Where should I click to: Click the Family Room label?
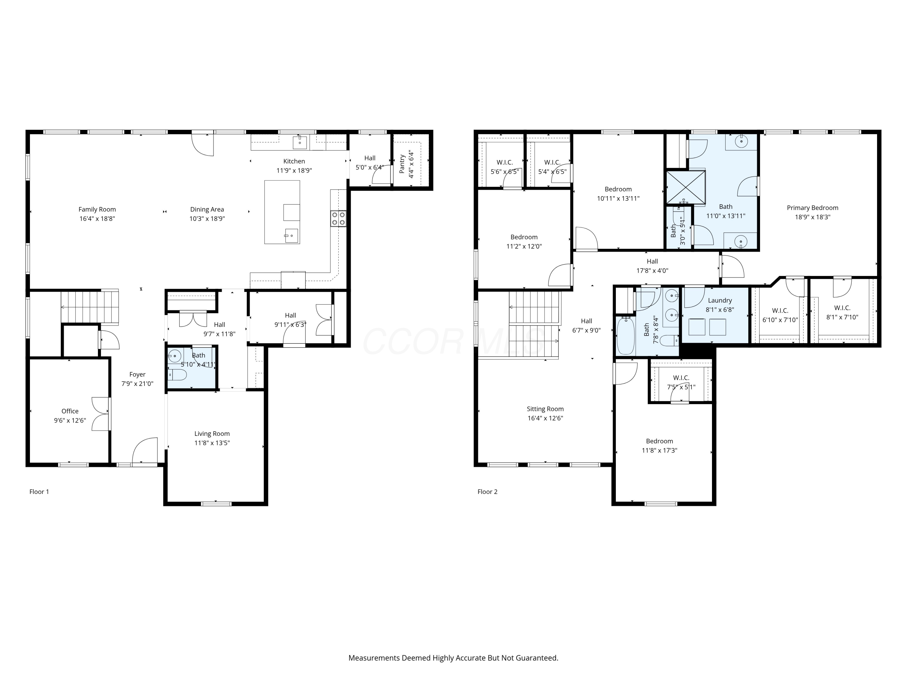tap(97, 209)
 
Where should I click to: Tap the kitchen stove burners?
tap(338, 219)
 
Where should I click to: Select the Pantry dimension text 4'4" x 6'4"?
tap(411, 164)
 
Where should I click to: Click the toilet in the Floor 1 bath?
tap(177, 374)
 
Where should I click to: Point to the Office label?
tap(70, 411)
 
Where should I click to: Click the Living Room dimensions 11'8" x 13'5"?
tap(212, 443)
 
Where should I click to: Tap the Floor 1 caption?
tap(39, 492)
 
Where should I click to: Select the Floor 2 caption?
tap(487, 492)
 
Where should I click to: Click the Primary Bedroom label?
tap(812, 208)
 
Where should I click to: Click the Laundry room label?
tap(720, 301)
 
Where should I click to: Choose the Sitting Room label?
tap(545, 409)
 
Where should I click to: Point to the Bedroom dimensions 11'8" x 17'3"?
tap(659, 450)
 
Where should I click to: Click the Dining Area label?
tap(207, 209)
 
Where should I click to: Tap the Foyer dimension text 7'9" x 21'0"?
tap(137, 384)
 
